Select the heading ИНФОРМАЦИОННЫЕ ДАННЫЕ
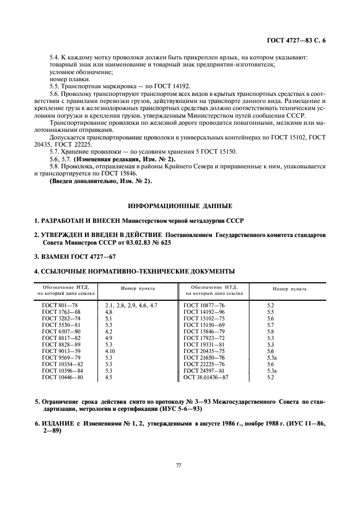[180, 206]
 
